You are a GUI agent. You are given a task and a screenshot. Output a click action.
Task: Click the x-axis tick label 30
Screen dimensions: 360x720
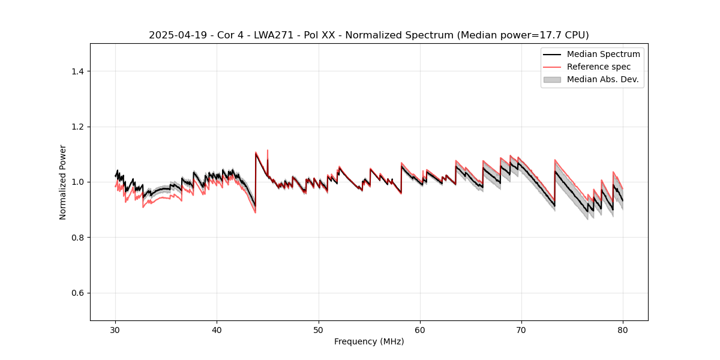click(x=115, y=330)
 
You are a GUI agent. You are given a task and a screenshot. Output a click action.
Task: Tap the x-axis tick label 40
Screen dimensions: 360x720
click(x=217, y=330)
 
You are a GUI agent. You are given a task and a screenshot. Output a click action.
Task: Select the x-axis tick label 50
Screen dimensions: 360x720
click(x=319, y=330)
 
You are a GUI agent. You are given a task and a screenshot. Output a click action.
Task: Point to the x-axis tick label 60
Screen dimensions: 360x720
click(x=420, y=330)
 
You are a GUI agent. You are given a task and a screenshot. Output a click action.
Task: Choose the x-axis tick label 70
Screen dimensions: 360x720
click(x=521, y=330)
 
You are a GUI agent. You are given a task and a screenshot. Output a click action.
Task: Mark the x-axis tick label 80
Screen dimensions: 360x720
click(x=623, y=330)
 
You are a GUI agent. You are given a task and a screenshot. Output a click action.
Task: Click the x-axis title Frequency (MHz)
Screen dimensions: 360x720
click(x=369, y=342)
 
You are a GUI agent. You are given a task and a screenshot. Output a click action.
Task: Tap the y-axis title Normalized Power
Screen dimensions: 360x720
click(x=63, y=182)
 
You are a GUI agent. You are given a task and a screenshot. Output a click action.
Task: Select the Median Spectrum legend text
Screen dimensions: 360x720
click(x=603, y=54)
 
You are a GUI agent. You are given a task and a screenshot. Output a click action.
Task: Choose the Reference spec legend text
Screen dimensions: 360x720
click(x=599, y=67)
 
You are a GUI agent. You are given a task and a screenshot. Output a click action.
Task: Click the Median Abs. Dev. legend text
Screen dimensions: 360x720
click(x=602, y=79)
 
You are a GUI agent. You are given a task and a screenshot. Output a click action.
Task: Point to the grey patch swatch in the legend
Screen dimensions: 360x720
click(x=552, y=79)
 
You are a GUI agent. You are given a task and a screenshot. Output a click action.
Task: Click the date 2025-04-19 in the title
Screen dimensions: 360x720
click(x=173, y=35)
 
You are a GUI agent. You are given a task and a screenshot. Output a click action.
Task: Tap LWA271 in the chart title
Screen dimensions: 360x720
click(x=268, y=35)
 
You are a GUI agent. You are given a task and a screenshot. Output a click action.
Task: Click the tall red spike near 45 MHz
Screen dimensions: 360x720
click(x=268, y=151)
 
